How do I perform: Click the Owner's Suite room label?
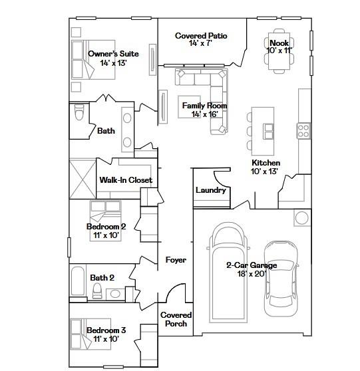pyautogui.click(x=113, y=54)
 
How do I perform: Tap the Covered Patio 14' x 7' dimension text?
pyautogui.click(x=200, y=43)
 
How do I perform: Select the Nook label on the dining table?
pyautogui.click(x=279, y=43)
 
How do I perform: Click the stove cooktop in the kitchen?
pyautogui.click(x=303, y=131)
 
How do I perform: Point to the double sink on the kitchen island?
pyautogui.click(x=268, y=132)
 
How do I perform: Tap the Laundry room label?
pyautogui.click(x=210, y=190)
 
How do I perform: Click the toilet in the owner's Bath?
pyautogui.click(x=79, y=112)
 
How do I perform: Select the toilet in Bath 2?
pyautogui.click(x=97, y=291)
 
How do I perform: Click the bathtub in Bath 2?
pyautogui.click(x=78, y=281)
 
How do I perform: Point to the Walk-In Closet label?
pyautogui.click(x=126, y=180)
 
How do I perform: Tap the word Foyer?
pyautogui.click(x=176, y=260)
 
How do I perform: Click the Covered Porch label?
pyautogui.click(x=176, y=319)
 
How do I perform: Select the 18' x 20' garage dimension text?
pyautogui.click(x=252, y=274)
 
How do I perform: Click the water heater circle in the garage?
pyautogui.click(x=302, y=217)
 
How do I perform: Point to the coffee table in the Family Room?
pyautogui.click(x=190, y=106)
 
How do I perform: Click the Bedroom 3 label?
pyautogui.click(x=106, y=330)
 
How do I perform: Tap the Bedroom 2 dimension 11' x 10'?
pyautogui.click(x=106, y=235)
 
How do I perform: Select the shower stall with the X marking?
pyautogui.click(x=83, y=179)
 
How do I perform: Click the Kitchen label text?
pyautogui.click(x=266, y=163)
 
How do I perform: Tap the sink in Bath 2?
pyautogui.click(x=115, y=294)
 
